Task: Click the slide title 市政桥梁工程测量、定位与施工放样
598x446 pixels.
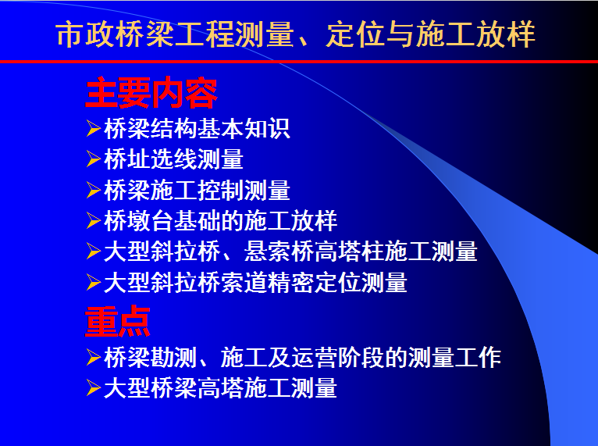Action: (x=296, y=34)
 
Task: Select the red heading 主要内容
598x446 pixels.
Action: (x=151, y=93)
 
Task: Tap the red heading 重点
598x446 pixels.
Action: (x=118, y=321)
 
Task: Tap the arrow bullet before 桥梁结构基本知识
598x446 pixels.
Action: (x=94, y=128)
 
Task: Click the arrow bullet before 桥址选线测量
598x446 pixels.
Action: (x=94, y=159)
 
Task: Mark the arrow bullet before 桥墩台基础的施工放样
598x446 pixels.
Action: (x=94, y=221)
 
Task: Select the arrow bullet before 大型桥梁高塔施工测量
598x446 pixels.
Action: (x=94, y=388)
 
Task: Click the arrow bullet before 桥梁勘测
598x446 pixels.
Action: (x=94, y=358)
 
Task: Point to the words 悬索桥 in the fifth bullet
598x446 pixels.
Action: (x=279, y=252)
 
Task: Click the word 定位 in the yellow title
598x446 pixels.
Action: (x=355, y=34)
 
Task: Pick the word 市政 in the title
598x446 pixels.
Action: (x=85, y=34)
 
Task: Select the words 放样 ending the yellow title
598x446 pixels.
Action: (x=506, y=34)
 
